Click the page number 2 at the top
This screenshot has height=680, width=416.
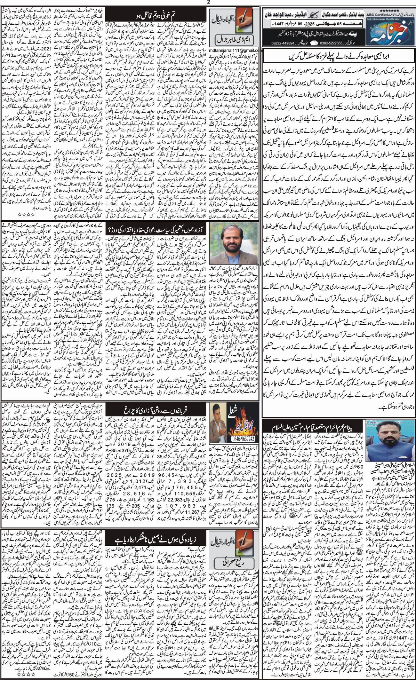pyautogui.click(x=208, y=2)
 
